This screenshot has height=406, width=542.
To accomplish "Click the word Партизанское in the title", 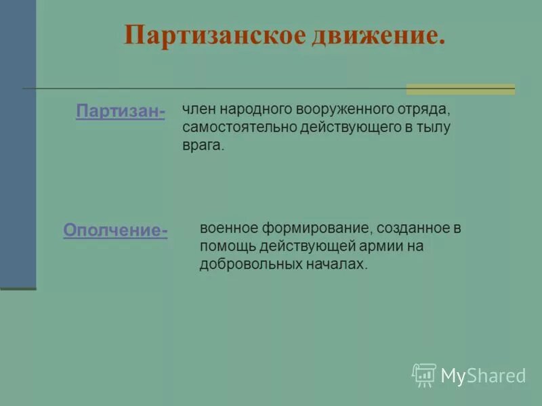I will pos(214,35).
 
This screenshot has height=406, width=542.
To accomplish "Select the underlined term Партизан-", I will pos(121,112).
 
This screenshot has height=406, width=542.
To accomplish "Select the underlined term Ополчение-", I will pos(116,231).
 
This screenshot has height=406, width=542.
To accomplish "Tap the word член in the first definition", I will pos(197,109).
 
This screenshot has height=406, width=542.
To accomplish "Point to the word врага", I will pos(202,145).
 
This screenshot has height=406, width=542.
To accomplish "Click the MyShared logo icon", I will pos(423,375).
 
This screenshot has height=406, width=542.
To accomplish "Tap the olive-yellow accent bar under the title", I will pos(460,89).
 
